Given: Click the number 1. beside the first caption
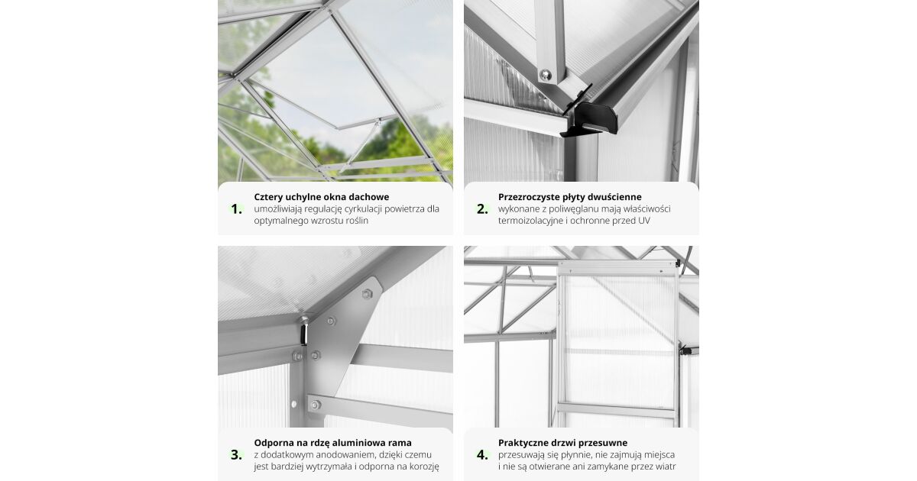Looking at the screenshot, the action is pyautogui.click(x=236, y=209).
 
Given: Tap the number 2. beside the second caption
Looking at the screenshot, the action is pyautogui.click(x=482, y=209).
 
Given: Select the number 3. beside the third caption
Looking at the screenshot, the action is pyautogui.click(x=236, y=455).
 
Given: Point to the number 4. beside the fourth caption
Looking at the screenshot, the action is pyautogui.click(x=482, y=455).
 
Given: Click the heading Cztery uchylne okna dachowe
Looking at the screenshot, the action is pyautogui.click(x=322, y=197).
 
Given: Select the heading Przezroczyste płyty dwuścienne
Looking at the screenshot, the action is pyautogui.click(x=570, y=197).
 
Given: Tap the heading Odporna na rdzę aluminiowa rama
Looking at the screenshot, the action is pyautogui.click(x=333, y=443).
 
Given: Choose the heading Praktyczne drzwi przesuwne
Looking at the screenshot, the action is pyautogui.click(x=563, y=443).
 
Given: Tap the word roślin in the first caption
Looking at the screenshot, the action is pyautogui.click(x=358, y=221).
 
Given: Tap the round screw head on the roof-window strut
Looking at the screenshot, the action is pyautogui.click(x=545, y=75).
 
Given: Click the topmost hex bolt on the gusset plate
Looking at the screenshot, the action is pyautogui.click(x=367, y=294).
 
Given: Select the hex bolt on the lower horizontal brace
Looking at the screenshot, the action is pyautogui.click(x=315, y=405).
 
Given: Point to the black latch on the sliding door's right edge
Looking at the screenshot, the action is pyautogui.click(x=685, y=350).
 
